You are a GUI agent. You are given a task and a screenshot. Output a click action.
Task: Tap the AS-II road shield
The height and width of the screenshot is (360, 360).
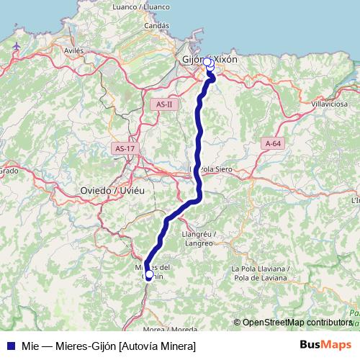165,104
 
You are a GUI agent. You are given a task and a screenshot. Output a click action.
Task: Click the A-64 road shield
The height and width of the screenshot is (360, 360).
273,143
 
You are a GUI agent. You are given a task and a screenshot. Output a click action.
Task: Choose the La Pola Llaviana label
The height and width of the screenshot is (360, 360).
260,269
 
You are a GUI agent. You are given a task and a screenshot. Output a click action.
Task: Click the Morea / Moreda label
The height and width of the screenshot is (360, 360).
170,329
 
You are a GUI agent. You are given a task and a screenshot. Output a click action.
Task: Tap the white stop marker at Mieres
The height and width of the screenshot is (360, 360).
149,274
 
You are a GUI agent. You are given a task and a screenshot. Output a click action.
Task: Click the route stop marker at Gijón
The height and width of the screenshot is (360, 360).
208,62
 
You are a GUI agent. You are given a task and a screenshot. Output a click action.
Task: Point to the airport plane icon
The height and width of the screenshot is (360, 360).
16,46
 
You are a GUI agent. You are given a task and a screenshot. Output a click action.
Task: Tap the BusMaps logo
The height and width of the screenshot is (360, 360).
326,346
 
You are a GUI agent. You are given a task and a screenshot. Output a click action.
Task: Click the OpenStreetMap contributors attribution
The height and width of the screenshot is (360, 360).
297,323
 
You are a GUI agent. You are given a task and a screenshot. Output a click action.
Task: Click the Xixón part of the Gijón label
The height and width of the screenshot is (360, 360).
226,59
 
